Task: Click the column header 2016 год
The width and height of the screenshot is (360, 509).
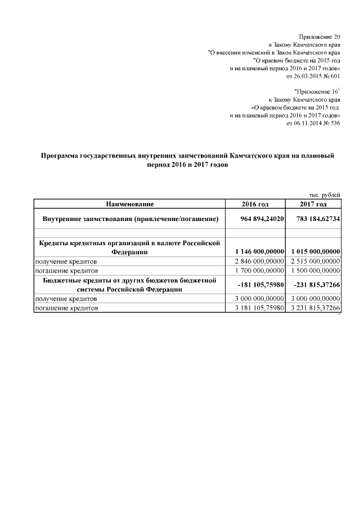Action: [255, 204]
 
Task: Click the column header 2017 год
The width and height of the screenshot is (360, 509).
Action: [313, 204]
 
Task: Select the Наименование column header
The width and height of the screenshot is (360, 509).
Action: [129, 204]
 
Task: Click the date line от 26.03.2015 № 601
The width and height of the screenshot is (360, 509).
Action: [313, 75]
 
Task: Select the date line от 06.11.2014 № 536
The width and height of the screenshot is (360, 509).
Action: [313, 123]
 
